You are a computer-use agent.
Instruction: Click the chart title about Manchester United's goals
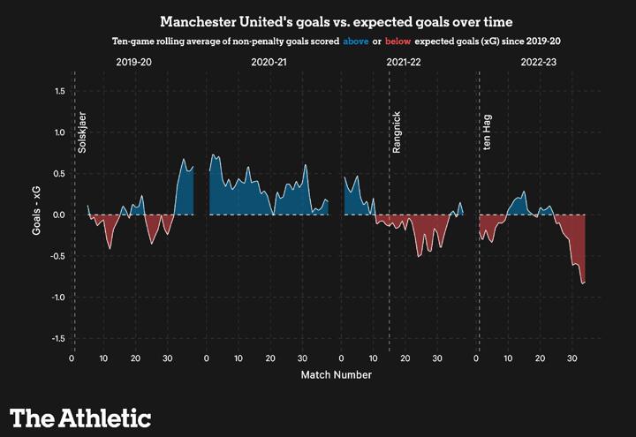click(x=317, y=20)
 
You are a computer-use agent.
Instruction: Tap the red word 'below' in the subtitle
click(x=400, y=41)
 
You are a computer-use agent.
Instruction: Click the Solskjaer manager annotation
click(x=83, y=132)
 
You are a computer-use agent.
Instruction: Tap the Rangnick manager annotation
click(x=397, y=133)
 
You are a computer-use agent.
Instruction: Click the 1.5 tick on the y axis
click(x=59, y=91)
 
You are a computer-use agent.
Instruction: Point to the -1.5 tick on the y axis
click(x=57, y=339)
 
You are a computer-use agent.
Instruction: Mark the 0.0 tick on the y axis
click(x=59, y=215)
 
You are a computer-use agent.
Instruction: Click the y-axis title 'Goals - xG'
click(x=38, y=215)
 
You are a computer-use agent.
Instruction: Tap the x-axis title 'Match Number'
click(x=336, y=374)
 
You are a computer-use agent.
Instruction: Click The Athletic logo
click(x=80, y=418)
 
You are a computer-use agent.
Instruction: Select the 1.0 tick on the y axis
click(x=59, y=132)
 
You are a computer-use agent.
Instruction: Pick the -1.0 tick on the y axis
click(x=57, y=298)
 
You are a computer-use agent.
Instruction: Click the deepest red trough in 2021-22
click(x=419, y=256)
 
